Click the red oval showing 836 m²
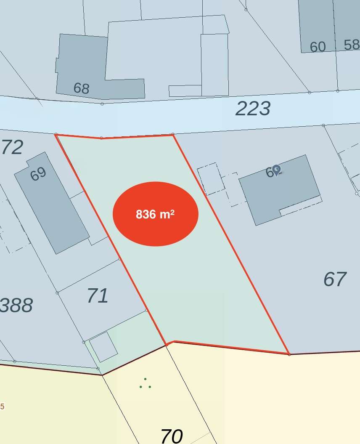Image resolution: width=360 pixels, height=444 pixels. click(155, 214)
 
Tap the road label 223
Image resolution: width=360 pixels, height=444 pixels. click(253, 109)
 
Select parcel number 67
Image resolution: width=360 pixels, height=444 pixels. click(335, 279)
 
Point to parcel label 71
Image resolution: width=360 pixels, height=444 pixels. click(98, 296)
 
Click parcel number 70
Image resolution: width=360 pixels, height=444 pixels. click(172, 436)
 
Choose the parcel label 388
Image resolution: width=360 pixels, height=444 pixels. click(16, 305)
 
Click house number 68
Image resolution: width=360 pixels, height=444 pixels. click(81, 88)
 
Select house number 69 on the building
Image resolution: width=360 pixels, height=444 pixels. click(38, 174)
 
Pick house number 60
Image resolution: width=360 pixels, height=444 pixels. click(318, 47)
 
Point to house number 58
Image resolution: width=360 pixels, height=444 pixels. click(352, 45)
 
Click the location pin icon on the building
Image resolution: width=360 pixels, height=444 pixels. click(276, 170)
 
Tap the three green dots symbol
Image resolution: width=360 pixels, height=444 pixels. click(145, 383)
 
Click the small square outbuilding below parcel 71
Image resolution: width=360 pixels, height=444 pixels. click(103, 347)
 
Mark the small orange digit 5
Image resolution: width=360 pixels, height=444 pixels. click(3, 407)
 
